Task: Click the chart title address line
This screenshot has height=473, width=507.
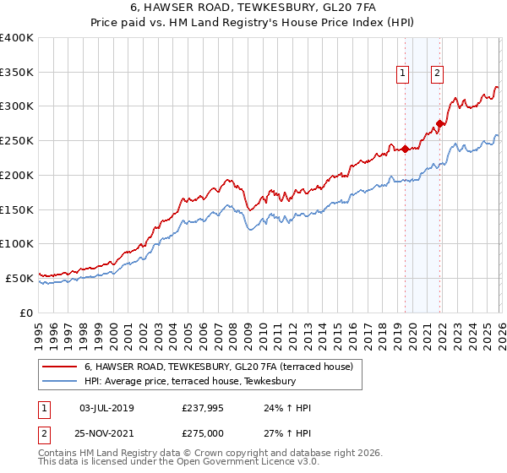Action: pyautogui.click(x=253, y=8)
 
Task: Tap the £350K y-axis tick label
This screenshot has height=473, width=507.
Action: pyautogui.click(x=17, y=73)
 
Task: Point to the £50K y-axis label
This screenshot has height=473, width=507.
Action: pyautogui.click(x=19, y=278)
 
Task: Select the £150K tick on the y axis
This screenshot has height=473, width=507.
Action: pyautogui.click(x=17, y=209)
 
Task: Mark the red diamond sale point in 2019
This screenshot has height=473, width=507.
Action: pyautogui.click(x=405, y=150)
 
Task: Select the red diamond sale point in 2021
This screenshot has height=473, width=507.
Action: pyautogui.click(x=440, y=124)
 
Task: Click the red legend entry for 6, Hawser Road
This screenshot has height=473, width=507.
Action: pyautogui.click(x=223, y=367)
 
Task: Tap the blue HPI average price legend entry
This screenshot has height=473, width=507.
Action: pyautogui.click(x=189, y=382)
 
